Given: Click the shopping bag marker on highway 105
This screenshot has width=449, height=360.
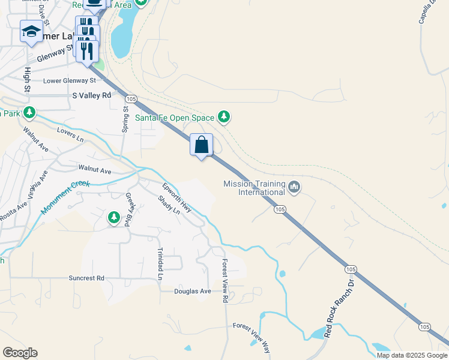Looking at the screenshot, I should point(202,145).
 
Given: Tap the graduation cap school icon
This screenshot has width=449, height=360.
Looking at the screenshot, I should point(31,32).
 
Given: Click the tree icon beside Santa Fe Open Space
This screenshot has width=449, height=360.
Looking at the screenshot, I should point(224,116).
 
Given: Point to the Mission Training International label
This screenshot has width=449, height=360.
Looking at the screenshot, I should point(254,188).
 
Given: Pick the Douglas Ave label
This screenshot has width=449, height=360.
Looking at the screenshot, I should point(193,292).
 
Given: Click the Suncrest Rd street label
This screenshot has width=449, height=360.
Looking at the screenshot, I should point(86,278).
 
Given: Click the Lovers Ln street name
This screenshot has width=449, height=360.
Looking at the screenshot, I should point(70,134).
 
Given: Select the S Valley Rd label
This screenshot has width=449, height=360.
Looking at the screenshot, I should point(92,95).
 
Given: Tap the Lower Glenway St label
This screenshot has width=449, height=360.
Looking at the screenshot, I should point(70,80).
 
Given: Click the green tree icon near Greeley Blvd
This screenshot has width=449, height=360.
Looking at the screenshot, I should point(113,217).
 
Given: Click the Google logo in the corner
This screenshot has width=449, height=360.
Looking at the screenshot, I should point(20,353).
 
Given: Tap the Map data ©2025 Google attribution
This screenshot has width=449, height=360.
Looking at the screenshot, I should point(412,355).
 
